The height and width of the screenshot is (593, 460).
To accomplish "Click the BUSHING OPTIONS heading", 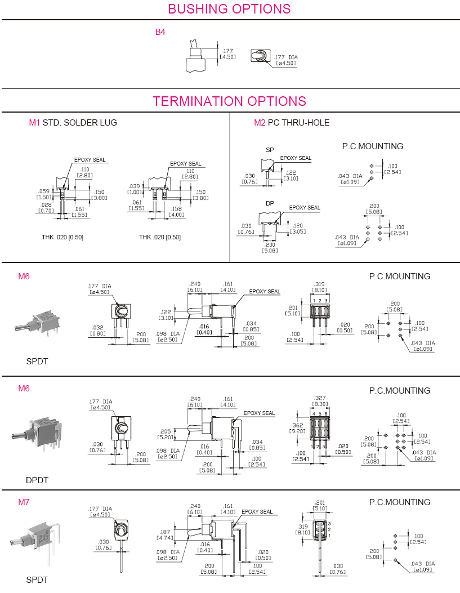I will [x=229, y=9].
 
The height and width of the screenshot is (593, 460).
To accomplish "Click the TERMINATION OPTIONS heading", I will [x=229, y=101].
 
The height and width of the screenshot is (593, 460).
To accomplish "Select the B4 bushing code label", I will [x=160, y=32].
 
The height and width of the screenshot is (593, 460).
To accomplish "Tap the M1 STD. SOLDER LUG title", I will [x=73, y=123].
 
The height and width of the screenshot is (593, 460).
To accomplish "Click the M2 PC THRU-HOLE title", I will [x=292, y=123].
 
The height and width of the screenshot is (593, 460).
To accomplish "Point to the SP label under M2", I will [x=270, y=150].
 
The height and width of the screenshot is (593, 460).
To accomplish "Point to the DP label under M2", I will [x=270, y=203].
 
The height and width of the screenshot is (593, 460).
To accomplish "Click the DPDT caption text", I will [x=37, y=480].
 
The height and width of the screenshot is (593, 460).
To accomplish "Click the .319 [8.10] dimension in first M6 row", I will [x=319, y=287].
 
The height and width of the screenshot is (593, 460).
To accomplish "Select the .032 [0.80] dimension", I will [x=98, y=330].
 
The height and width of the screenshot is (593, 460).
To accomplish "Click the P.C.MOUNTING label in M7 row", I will [x=399, y=502].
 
